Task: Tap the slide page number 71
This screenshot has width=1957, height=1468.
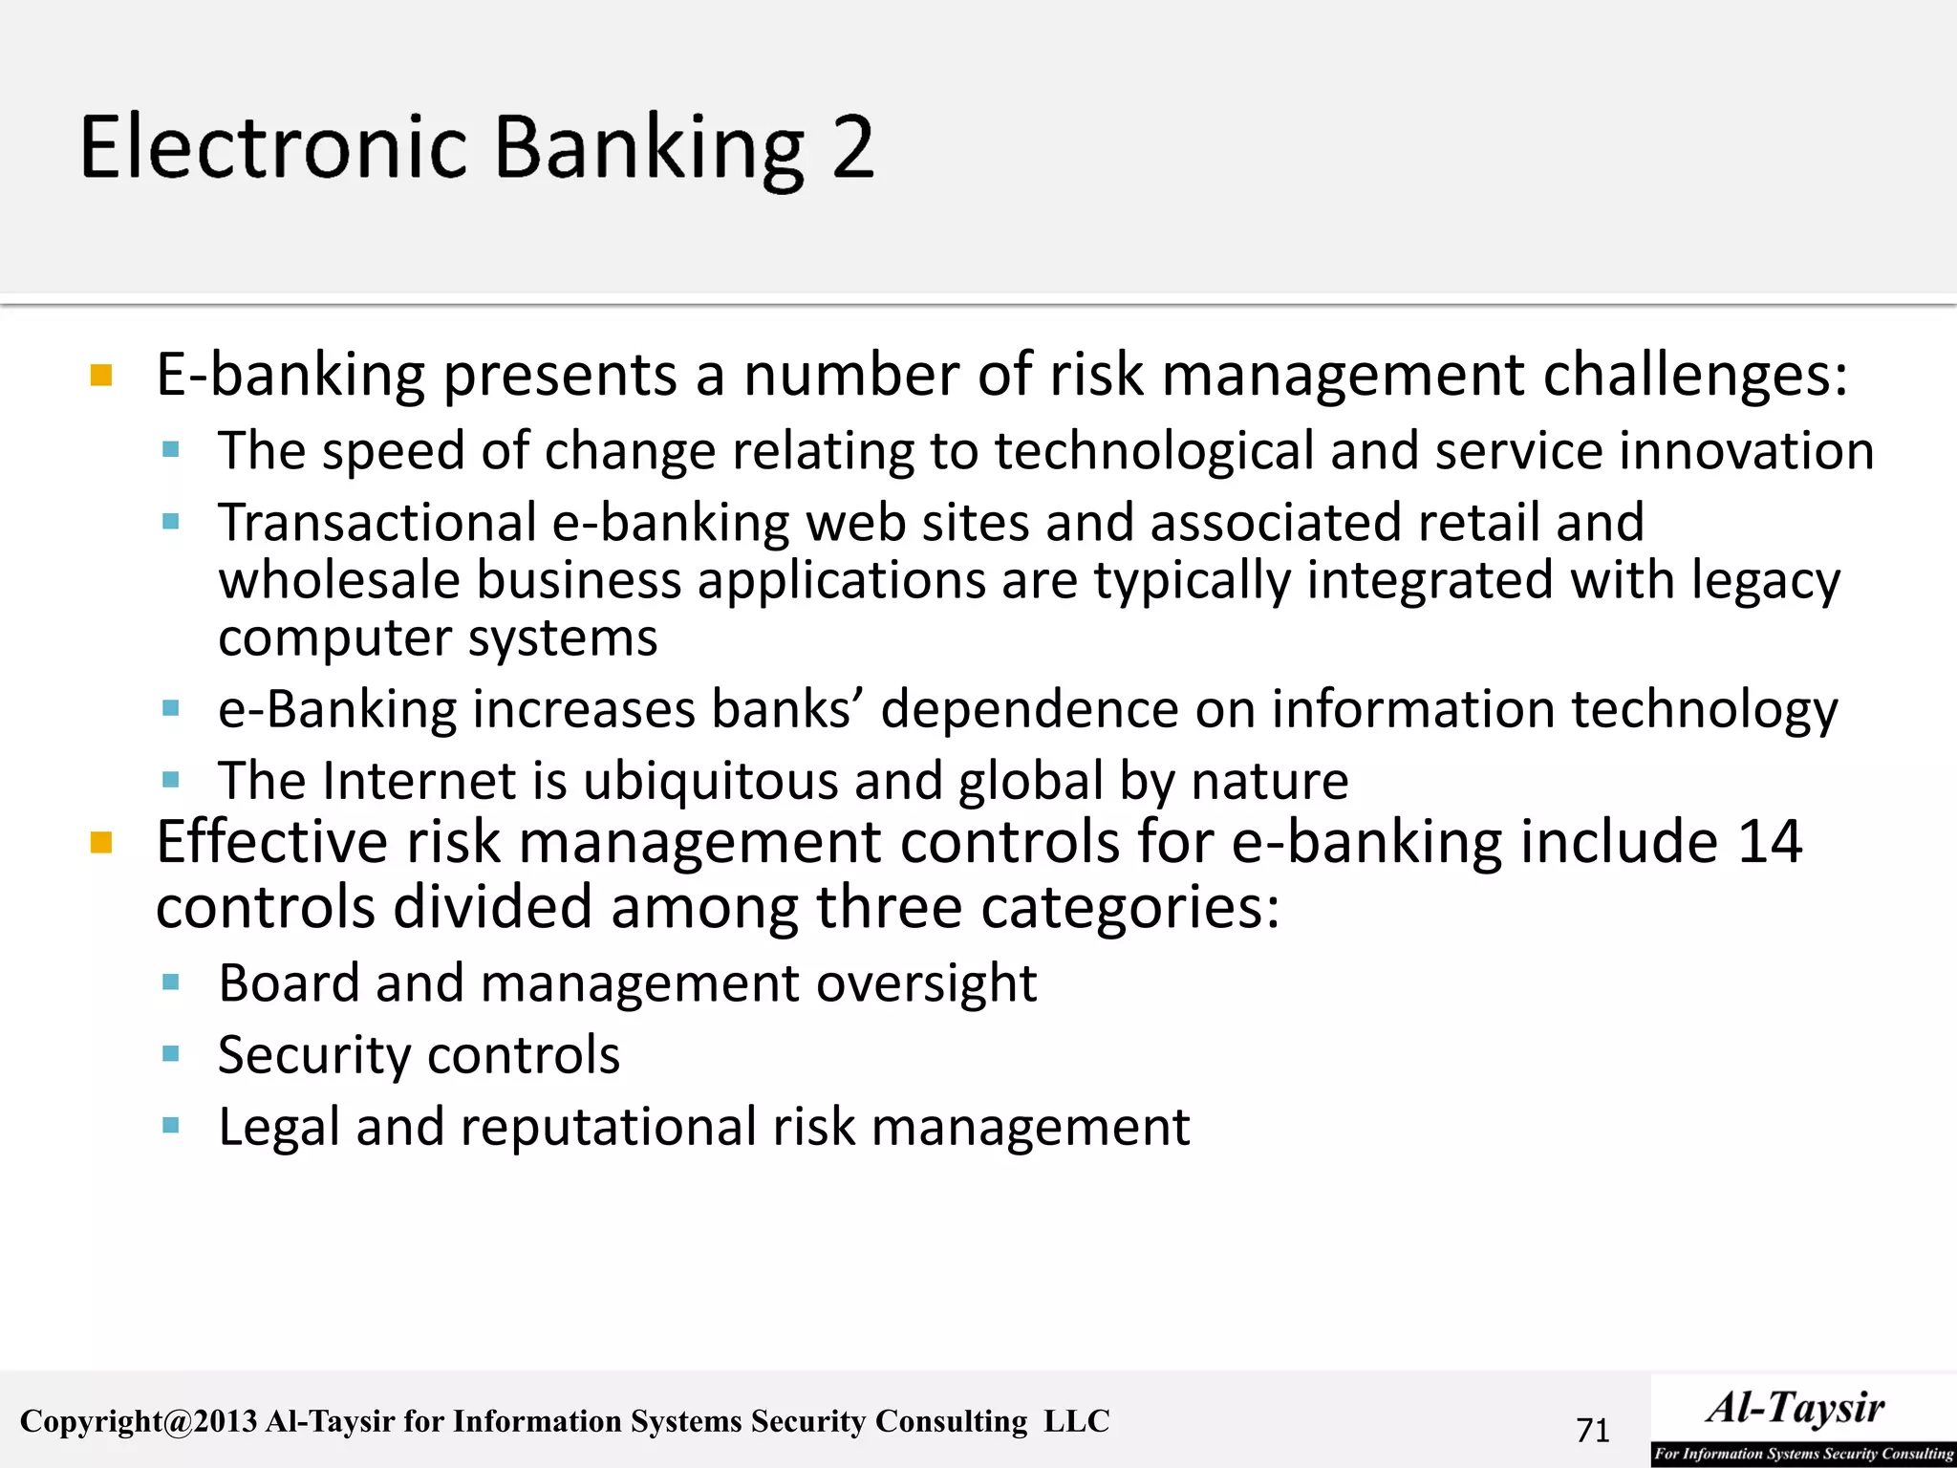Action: [1593, 1430]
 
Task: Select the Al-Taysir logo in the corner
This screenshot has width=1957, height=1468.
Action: [1802, 1420]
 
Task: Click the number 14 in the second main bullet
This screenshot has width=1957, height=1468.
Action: [1770, 842]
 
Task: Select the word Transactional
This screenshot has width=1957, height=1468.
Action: [377, 523]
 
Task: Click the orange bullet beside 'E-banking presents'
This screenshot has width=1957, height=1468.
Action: [101, 375]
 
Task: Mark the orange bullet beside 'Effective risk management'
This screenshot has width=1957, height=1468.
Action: [101, 843]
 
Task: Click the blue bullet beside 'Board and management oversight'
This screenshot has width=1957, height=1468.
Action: [171, 982]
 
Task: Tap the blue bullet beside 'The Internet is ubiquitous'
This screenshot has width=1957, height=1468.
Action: [171, 780]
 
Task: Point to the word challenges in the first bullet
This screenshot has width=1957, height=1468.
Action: [1695, 375]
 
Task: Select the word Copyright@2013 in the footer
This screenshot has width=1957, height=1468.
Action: [139, 1421]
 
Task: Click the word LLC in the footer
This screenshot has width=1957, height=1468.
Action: [1076, 1421]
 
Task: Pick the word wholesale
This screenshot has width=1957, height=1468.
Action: [339, 581]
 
